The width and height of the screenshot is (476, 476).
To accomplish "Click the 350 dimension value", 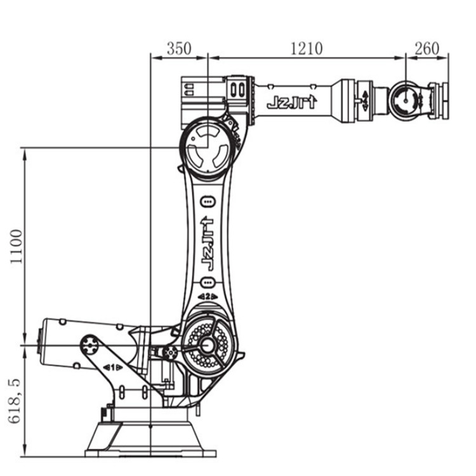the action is click(179, 49).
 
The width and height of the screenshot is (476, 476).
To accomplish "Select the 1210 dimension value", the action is click(307, 49).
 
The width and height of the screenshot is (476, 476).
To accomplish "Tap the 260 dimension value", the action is click(427, 49).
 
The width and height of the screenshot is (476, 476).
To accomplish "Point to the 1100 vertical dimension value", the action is click(16, 246).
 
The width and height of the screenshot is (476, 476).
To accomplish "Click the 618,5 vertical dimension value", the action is click(14, 400).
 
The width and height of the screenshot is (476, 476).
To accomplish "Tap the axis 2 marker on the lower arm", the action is click(208, 296).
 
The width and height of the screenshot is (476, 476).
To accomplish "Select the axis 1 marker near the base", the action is click(112, 367).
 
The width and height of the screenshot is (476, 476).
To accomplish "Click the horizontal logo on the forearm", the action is click(292, 103).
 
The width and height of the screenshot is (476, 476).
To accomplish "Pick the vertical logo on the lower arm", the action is click(208, 244).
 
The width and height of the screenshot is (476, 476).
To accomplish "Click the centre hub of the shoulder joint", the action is click(208, 345).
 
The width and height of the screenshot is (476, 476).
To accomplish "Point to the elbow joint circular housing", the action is click(208, 147).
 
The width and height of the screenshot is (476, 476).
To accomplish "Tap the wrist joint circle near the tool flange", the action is click(406, 100).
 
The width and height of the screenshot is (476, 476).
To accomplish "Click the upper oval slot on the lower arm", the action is click(208, 202).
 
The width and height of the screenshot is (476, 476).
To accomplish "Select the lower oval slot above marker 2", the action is click(208, 282).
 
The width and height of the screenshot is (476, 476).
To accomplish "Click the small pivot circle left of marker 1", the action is click(90, 345).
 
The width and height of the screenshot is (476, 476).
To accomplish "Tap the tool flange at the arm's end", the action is click(440, 100).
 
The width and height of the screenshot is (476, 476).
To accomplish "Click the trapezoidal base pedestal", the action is click(151, 438).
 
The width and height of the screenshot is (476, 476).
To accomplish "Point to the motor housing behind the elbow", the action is click(203, 102).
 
